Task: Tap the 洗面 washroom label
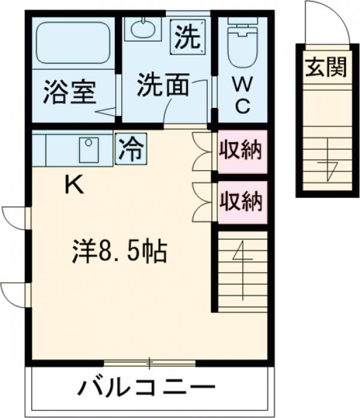point(162,86)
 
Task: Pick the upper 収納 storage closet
point(241,151)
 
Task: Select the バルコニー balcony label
point(146,388)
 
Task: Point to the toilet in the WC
point(242,45)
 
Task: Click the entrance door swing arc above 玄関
point(326,22)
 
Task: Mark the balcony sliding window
point(149,362)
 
